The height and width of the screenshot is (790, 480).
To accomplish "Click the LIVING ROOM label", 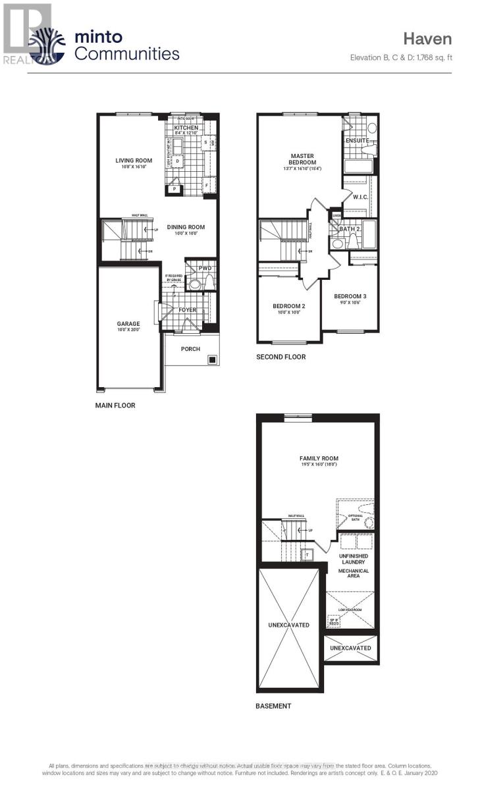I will pyautogui.click(x=134, y=160).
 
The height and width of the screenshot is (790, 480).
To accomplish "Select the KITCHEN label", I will pyautogui.click(x=186, y=128).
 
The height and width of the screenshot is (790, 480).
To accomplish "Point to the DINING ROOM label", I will pyautogui.click(x=186, y=227).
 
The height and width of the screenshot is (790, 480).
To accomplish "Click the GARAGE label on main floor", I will pyautogui.click(x=128, y=324).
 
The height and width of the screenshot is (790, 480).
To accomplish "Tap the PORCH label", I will pyautogui.click(x=190, y=349).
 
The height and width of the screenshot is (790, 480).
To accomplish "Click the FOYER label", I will pyautogui.click(x=188, y=310).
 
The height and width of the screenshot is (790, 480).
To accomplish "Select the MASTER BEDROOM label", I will pyautogui.click(x=303, y=159).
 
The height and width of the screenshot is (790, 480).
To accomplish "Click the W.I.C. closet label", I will pyautogui.click(x=360, y=197).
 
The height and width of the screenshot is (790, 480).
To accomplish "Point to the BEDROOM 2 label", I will pyautogui.click(x=289, y=306).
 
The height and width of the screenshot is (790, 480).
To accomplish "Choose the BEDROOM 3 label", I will pyautogui.click(x=350, y=296).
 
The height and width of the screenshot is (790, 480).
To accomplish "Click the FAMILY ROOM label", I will pyautogui.click(x=318, y=458).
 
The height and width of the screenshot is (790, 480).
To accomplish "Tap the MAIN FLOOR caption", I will pyautogui.click(x=115, y=406).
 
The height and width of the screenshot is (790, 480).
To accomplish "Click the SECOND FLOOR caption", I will pyautogui.click(x=281, y=357).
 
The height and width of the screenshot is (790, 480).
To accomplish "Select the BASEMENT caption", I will pyautogui.click(x=273, y=706).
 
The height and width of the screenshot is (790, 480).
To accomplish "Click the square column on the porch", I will pyautogui.click(x=212, y=359).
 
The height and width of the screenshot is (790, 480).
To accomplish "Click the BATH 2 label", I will pyautogui.click(x=349, y=229).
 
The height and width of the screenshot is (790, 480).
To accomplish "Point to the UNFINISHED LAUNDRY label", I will pyautogui.click(x=354, y=560).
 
